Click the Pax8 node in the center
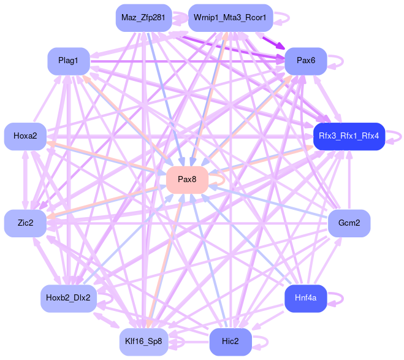[187, 179]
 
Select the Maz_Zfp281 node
[143, 18]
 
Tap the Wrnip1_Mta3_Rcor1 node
[230, 18]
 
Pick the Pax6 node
[305, 61]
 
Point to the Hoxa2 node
[25, 136]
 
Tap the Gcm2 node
[349, 223]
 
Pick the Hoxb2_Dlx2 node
[68, 298]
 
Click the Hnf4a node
[305, 298]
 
